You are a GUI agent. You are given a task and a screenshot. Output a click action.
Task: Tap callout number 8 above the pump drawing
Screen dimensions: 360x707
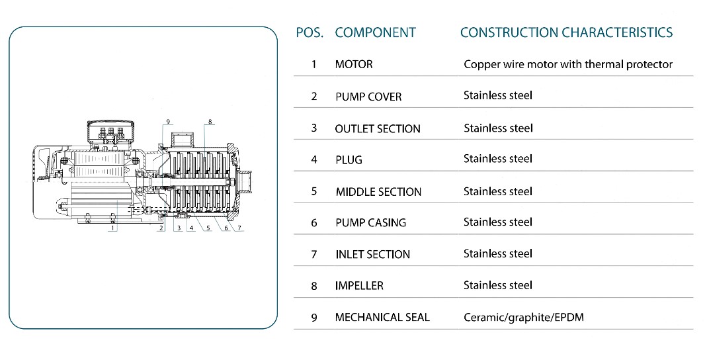tap(210, 122)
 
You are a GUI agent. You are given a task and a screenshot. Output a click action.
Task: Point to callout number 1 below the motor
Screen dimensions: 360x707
tap(114, 228)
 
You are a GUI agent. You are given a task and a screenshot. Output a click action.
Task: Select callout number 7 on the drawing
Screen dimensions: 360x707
tap(240, 228)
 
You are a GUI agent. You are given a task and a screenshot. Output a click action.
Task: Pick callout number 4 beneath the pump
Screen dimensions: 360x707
tap(191, 228)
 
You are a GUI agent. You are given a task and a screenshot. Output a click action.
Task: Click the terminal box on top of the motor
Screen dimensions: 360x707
tap(110, 131)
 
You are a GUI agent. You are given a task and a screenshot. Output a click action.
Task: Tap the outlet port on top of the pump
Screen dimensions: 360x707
tap(181, 140)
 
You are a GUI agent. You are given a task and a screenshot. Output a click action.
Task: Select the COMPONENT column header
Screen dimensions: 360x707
tap(375, 32)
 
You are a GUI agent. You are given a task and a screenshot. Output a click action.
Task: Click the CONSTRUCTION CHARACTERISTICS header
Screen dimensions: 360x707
tap(566, 32)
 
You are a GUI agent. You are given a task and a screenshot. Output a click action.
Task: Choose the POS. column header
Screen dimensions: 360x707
tap(310, 32)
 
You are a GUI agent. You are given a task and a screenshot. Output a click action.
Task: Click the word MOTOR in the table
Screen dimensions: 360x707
tap(354, 64)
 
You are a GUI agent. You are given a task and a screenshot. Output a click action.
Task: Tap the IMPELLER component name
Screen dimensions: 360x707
tap(359, 285)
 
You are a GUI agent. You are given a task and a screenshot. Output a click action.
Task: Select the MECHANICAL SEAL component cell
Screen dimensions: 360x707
tap(382, 317)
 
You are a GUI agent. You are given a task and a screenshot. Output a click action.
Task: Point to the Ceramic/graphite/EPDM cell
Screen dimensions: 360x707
tap(523, 317)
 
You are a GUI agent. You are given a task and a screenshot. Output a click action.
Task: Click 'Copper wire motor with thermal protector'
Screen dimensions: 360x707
tap(567, 64)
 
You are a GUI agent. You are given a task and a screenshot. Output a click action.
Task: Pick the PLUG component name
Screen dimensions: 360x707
tap(349, 159)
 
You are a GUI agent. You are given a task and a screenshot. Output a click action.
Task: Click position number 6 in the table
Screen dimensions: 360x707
tap(314, 222)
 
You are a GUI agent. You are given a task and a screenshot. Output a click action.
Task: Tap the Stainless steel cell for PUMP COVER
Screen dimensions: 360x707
tap(497, 95)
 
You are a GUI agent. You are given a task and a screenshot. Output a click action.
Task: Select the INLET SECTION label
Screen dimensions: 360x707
tap(372, 254)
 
